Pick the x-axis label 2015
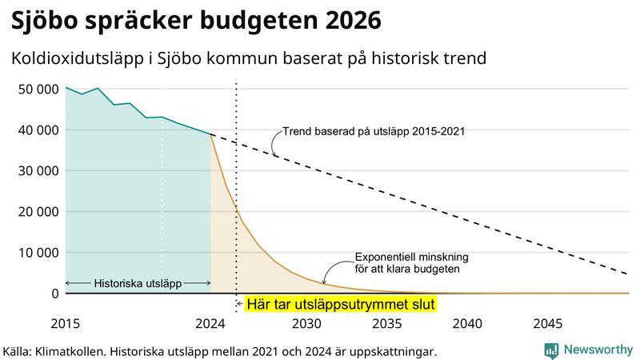(65, 324)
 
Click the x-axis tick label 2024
(210, 324)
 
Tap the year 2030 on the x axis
(306, 324)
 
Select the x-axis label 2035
(387, 324)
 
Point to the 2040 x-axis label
(468, 324)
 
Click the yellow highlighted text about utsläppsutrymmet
(341, 304)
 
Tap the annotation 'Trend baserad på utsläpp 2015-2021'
(374, 130)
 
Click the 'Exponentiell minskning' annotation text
(411, 258)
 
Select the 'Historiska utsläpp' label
(138, 283)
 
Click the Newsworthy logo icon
(551, 350)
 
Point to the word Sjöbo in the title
(46, 19)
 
